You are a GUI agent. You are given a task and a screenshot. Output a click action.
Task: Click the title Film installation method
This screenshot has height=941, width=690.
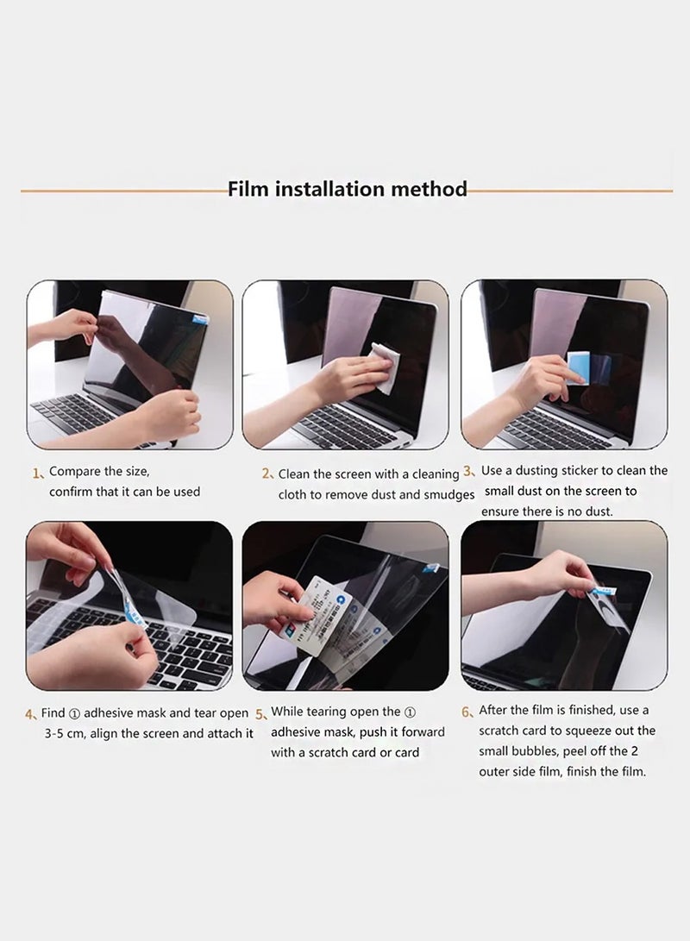point(347,189)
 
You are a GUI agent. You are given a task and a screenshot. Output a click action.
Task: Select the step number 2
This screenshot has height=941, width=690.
point(267,474)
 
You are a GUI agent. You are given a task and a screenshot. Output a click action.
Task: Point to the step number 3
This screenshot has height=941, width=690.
point(469,471)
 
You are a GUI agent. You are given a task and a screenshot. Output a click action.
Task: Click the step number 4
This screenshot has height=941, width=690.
point(31,714)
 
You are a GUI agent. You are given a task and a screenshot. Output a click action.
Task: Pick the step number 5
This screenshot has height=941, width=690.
point(261,714)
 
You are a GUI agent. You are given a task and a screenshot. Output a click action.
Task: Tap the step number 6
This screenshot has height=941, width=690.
point(467,712)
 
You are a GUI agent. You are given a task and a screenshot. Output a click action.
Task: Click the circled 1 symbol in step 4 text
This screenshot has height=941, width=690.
point(74,714)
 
